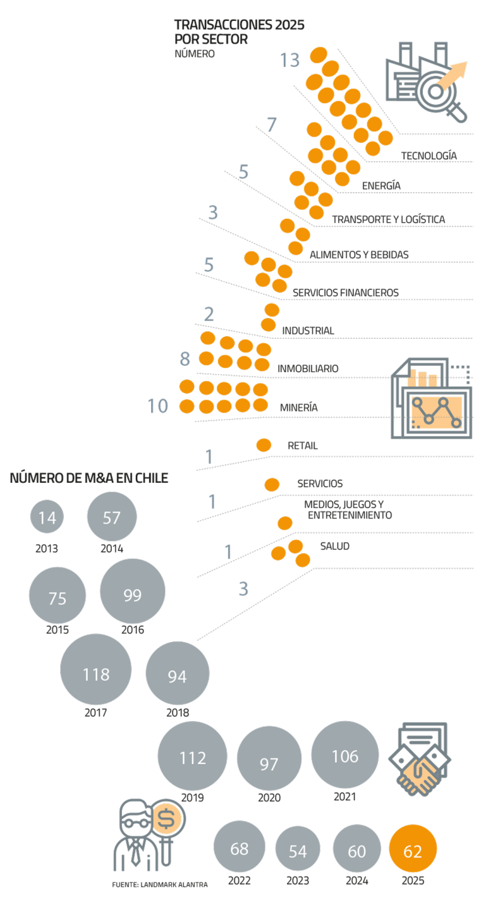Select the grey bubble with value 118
[x=96, y=674]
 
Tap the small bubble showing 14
[x=47, y=518]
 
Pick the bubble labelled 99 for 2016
[x=133, y=595]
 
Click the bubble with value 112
[x=192, y=756]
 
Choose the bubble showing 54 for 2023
[x=298, y=851]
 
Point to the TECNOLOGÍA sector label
[x=429, y=155]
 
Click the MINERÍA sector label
[x=298, y=408]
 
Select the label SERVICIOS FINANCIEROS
[x=345, y=293]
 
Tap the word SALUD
[x=334, y=546]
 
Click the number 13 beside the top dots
[x=289, y=61]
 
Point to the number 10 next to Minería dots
[x=158, y=406]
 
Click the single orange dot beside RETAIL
[x=264, y=446]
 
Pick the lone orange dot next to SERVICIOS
[x=272, y=485]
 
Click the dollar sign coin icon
[x=167, y=820]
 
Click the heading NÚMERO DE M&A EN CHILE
[x=88, y=478]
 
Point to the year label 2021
[x=344, y=797]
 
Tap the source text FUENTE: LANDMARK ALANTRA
[x=159, y=885]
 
